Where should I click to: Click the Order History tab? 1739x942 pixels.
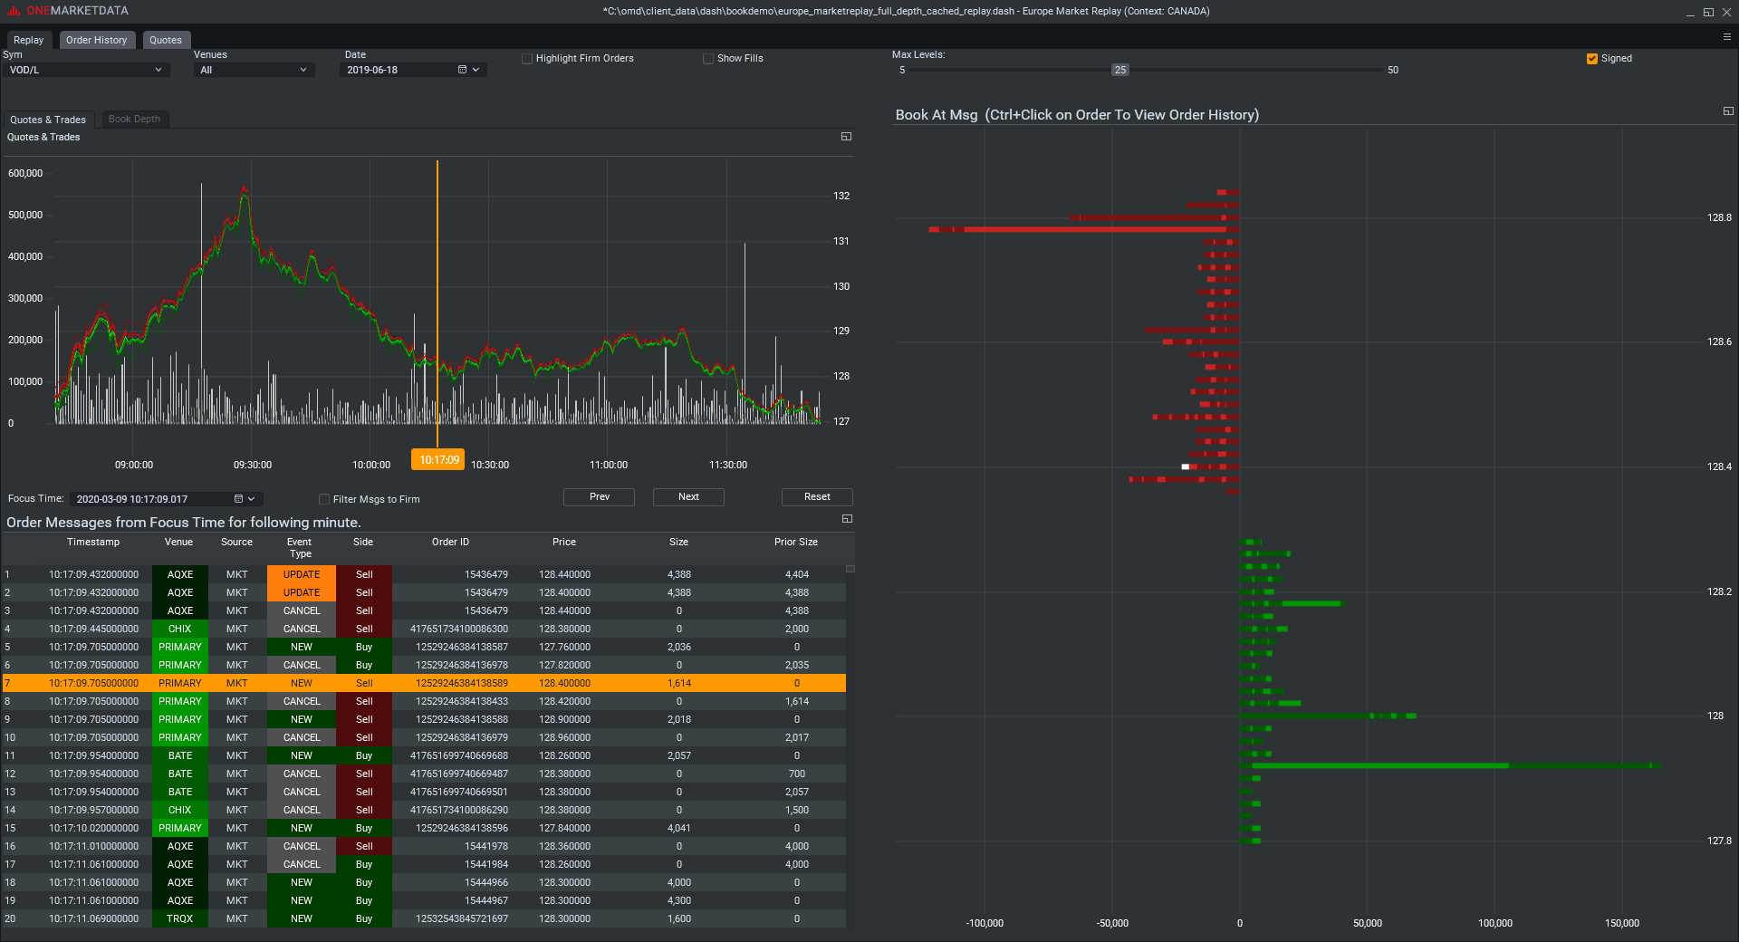(97, 40)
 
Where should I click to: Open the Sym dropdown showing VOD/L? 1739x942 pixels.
(86, 70)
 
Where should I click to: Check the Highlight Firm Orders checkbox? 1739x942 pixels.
(527, 59)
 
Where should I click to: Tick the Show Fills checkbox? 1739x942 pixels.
(708, 59)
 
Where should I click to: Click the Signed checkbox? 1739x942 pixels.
(1592, 59)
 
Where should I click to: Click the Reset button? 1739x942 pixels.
(816, 497)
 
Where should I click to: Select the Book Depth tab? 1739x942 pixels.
(134, 119)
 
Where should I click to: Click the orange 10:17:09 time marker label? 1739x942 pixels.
(438, 460)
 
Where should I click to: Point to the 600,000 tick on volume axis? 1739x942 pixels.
(25, 173)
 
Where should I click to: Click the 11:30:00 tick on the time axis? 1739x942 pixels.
(728, 465)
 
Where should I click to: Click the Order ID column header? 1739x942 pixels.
(450, 542)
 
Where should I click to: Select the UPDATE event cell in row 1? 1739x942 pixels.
(302, 574)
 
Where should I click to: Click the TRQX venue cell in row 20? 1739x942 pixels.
(180, 918)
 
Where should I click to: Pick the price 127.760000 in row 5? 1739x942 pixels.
(564, 647)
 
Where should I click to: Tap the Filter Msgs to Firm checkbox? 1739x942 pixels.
(324, 499)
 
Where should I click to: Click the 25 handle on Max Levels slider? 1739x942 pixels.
(1120, 70)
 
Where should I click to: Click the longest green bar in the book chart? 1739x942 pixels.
(1449, 766)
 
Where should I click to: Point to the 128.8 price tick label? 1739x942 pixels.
(1718, 218)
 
